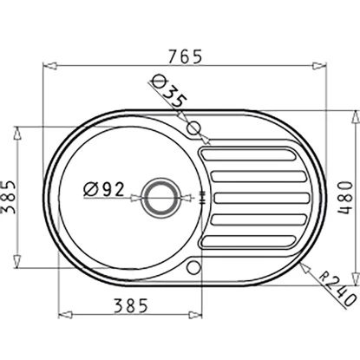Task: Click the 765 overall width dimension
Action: (186, 56)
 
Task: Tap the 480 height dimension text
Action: (345, 197)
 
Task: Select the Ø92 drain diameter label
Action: (104, 189)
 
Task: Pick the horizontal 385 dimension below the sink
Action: (131, 305)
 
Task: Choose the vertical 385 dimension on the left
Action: (9, 197)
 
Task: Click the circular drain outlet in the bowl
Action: (160, 198)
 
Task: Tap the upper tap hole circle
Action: (194, 128)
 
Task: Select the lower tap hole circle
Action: (193, 267)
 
